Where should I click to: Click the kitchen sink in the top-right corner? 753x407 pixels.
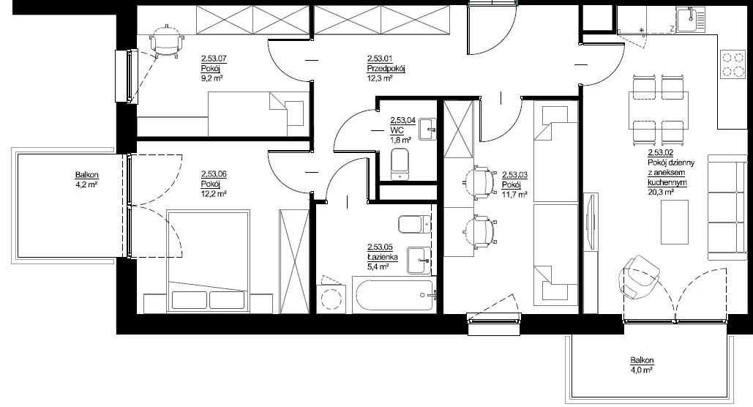(690, 20)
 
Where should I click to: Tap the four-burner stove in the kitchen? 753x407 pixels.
(732, 64)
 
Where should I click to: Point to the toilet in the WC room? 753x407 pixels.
(400, 164)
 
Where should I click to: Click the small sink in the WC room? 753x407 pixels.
(427, 130)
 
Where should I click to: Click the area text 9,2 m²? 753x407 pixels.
(211, 78)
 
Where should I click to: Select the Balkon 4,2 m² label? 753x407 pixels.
(86, 179)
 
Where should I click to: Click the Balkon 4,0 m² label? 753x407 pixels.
(642, 365)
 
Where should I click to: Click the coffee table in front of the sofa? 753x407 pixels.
(674, 222)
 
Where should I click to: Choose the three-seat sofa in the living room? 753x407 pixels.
(727, 207)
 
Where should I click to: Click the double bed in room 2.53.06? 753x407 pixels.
(209, 260)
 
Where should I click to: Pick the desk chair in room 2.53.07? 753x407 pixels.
(166, 41)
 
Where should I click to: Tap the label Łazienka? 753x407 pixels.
(382, 257)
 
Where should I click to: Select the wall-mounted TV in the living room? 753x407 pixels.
(591, 221)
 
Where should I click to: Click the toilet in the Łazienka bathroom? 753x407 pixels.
(415, 224)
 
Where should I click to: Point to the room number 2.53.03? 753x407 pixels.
(515, 175)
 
